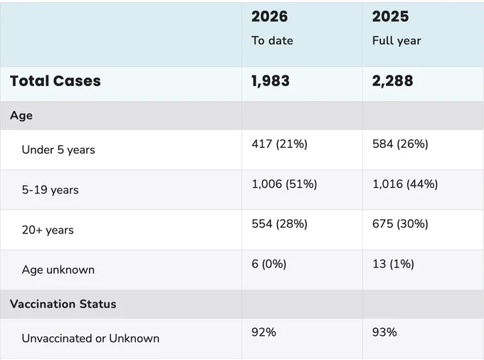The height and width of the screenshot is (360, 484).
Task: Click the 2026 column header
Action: [270, 16]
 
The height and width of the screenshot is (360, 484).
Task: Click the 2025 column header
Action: [391, 16]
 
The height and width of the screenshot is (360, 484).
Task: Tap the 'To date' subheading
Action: [272, 41]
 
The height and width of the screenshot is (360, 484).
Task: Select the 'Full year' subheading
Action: [396, 41]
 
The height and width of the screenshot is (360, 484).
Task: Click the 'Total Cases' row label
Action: [56, 81]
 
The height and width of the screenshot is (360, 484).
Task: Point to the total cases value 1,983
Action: [270, 81]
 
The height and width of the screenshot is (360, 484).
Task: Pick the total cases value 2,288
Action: [392, 81]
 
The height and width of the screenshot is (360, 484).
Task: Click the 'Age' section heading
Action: [21, 115]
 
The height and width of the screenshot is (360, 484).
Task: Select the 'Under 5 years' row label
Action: [58, 149]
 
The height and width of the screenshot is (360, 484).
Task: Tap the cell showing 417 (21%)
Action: [279, 144]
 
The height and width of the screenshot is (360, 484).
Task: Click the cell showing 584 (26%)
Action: [400, 144]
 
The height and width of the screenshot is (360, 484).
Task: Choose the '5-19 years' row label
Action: [50, 190]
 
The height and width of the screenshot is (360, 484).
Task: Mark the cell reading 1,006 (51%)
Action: [284, 184]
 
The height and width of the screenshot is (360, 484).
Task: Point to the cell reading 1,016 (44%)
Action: [405, 184]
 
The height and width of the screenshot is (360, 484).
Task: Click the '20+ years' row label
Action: [48, 230]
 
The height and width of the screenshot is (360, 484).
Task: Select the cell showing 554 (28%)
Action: [279, 223]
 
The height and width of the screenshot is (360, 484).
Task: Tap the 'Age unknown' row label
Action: [58, 270]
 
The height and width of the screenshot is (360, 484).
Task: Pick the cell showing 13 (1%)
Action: [393, 264]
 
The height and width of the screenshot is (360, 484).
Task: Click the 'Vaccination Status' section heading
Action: [63, 304]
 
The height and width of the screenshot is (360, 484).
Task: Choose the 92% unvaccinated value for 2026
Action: [263, 332]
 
